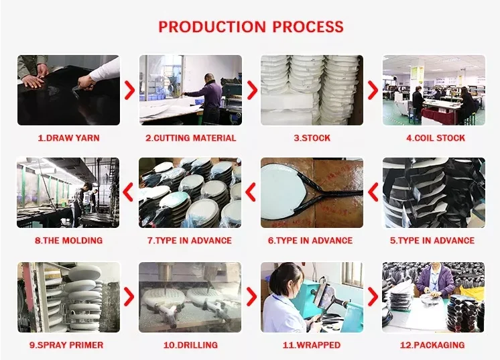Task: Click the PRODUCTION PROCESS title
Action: pos(251,27)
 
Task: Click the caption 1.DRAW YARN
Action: pos(68,138)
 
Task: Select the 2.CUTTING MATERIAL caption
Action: pos(191,138)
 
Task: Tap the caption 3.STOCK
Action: pos(312,138)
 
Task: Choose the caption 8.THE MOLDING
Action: pos(68,241)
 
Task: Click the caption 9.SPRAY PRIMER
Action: pos(68,345)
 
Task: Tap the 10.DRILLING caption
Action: pos(190,345)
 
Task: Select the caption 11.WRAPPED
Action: pos(311,345)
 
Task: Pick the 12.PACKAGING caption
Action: pos(434,345)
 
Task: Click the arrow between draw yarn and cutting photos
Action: pos(130,91)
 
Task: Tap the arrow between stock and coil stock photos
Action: pos(373,91)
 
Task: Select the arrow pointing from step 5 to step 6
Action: pos(373,193)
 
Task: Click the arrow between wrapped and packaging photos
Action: pos(373,297)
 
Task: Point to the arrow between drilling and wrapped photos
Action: pos(251,297)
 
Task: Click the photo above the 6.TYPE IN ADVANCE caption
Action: pos(312,193)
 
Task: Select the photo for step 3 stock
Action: pos(312,91)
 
